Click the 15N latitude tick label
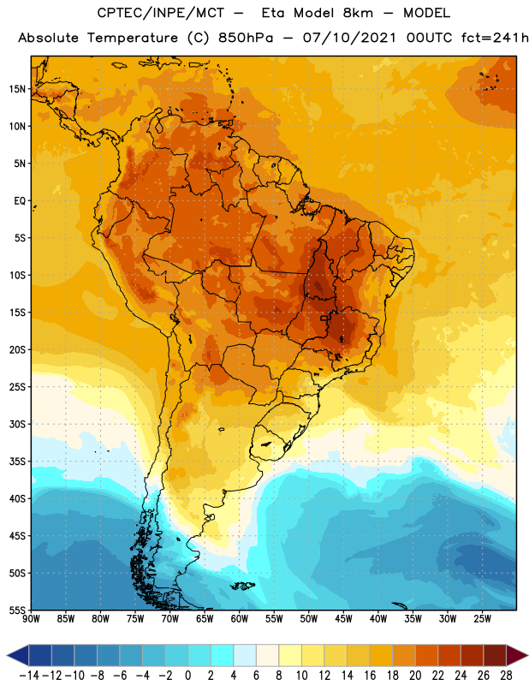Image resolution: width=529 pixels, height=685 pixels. pyautogui.click(x=18, y=89)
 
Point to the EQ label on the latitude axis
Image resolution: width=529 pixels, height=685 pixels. pyautogui.click(x=20, y=201)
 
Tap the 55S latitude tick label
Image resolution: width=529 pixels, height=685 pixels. pyautogui.click(x=18, y=610)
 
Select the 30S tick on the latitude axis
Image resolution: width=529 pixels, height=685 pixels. pyautogui.click(x=18, y=424)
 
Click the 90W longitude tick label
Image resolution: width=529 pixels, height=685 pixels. pyautogui.click(x=31, y=619)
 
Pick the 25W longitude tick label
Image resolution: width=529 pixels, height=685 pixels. pyautogui.click(x=482, y=619)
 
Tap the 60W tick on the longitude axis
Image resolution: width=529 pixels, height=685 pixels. pyautogui.click(x=240, y=619)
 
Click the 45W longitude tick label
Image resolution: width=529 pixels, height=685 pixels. pyautogui.click(x=343, y=619)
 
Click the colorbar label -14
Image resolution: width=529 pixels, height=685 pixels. pyautogui.click(x=29, y=676)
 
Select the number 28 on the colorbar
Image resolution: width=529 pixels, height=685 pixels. pyautogui.click(x=506, y=676)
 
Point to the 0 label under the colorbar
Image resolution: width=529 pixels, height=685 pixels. pyautogui.click(x=187, y=676)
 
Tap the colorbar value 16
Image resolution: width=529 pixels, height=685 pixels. pyautogui.click(x=370, y=676)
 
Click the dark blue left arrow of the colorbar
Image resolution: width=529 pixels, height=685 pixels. pyautogui.click(x=18, y=655)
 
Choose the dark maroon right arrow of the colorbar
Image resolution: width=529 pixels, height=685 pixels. pyautogui.click(x=517, y=655)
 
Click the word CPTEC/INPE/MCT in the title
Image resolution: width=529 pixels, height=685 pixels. pyautogui.click(x=161, y=13)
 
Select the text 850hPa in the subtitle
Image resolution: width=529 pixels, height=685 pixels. pyautogui.click(x=246, y=38)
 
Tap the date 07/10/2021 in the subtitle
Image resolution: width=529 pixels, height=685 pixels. pyautogui.click(x=349, y=38)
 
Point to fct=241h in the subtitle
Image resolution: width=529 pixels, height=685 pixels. pyautogui.click(x=495, y=38)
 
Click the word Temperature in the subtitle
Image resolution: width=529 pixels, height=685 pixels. pyautogui.click(x=133, y=39)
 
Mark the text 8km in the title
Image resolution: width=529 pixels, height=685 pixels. pyautogui.click(x=358, y=13)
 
